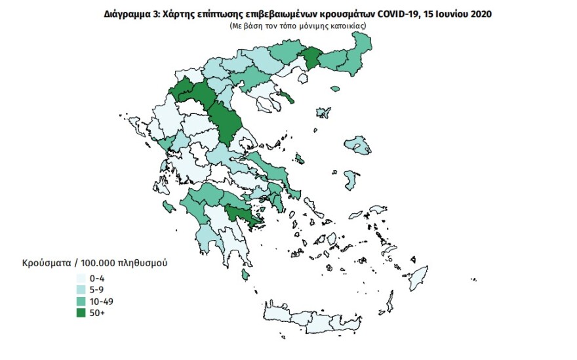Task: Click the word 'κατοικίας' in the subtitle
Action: pyautogui.click(x=348, y=25)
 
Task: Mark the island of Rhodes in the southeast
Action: pyautogui.click(x=417, y=278)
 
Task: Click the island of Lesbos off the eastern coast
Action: pyautogui.click(x=357, y=145)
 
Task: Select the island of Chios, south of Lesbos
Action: pyautogui.click(x=351, y=178)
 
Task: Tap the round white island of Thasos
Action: pyautogui.click(x=303, y=79)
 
